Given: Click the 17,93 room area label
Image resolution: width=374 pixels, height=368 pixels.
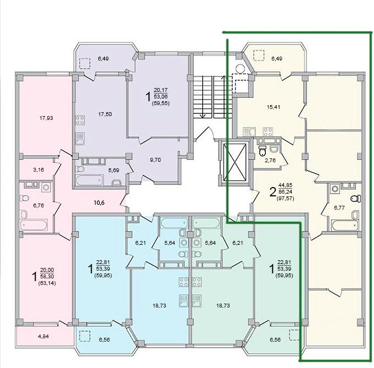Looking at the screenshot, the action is point(46,118).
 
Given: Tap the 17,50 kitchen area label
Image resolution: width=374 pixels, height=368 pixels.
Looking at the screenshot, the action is point(105,114).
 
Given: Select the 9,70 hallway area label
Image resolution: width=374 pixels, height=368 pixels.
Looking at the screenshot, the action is point(155,160).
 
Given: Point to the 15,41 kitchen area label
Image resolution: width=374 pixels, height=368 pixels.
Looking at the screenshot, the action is point(273,107).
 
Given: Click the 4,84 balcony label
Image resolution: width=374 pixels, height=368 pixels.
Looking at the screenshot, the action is point(43,337).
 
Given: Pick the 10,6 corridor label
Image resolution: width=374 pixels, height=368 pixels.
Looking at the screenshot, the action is point(99,203).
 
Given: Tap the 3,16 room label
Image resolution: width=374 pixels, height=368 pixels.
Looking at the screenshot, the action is point(38,170).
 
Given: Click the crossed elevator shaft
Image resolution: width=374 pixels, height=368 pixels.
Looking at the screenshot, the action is point(235,162).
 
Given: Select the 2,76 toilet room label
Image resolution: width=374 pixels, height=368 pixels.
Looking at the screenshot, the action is point(270,160).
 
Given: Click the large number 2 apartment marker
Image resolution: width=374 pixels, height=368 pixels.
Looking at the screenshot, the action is point(272,192).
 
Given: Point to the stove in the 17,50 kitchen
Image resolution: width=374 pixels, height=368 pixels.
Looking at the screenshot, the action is point(80,120).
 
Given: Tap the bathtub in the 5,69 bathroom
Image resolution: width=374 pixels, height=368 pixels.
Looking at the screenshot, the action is point(90,180).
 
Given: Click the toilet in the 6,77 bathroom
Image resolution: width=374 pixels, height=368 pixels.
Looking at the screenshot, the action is point(356,198).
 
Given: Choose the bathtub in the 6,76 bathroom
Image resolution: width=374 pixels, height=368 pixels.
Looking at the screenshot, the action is point(34,225).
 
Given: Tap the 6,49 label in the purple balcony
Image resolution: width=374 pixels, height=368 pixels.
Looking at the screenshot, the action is point(103,58).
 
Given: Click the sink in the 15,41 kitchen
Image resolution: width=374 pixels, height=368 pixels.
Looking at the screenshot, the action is point(249,132).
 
